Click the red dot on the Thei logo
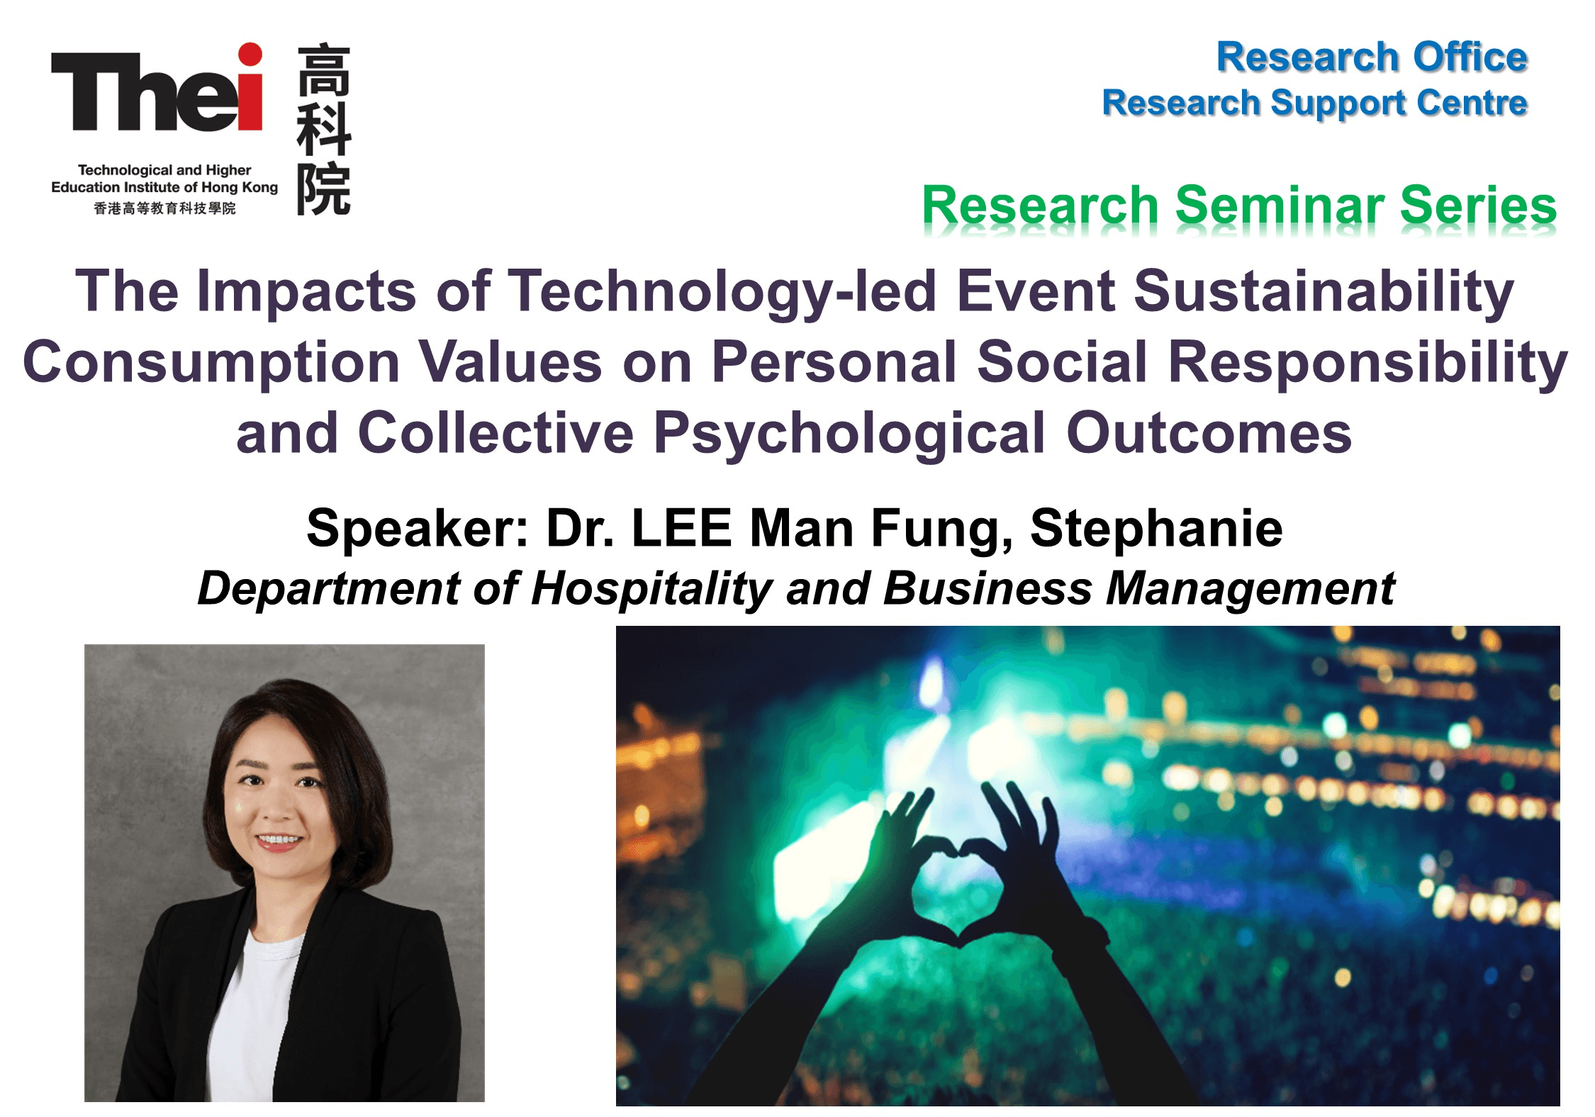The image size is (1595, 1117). [250, 55]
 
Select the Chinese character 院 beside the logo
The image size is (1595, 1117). [324, 189]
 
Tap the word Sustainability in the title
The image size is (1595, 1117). [1323, 292]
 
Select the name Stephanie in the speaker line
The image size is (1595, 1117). [1156, 528]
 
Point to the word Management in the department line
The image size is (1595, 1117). [1250, 589]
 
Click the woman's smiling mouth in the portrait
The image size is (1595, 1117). [279, 841]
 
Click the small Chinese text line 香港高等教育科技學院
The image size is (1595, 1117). [164, 208]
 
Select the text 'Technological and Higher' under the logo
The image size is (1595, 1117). [164, 170]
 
